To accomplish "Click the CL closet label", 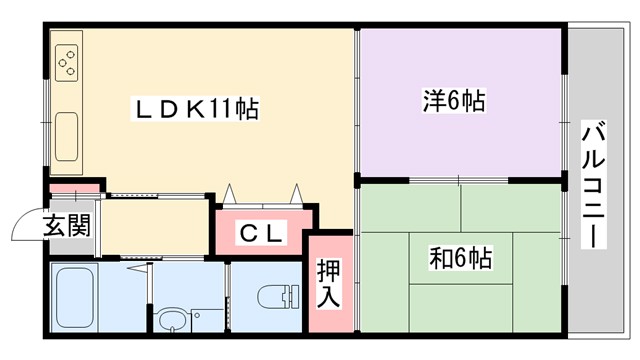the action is coord(262,234).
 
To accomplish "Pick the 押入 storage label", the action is coord(329,283).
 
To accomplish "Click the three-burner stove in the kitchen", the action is coord(67,63).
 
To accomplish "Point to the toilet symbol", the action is coord(276,298).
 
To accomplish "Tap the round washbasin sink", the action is coord(172,322).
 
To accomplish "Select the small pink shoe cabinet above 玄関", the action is coord(74,187).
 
